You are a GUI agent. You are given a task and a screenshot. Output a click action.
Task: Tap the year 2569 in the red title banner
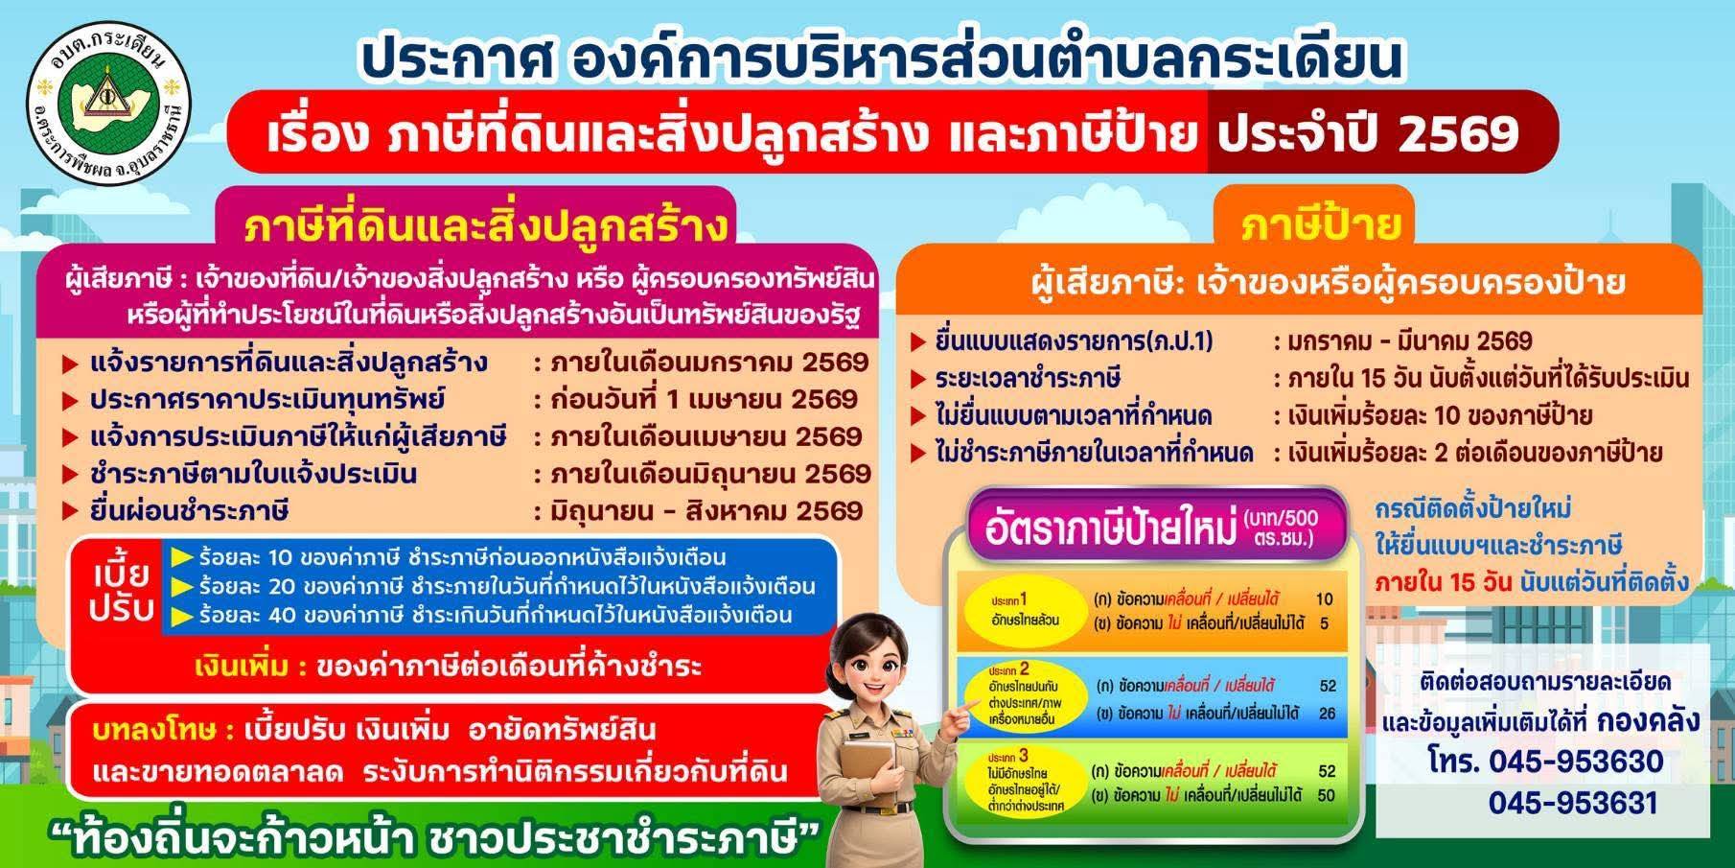tap(1459, 132)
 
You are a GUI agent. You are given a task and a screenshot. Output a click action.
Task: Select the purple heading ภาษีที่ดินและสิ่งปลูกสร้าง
tap(486, 227)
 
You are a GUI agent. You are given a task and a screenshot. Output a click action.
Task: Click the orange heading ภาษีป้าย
tap(1321, 224)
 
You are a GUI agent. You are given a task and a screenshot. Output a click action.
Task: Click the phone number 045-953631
tap(1573, 803)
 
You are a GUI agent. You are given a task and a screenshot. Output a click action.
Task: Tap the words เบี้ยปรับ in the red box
tap(122, 592)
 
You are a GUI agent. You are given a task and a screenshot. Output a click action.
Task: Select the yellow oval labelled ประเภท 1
tap(1012, 610)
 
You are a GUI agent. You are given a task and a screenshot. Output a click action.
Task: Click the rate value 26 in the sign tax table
tap(1327, 714)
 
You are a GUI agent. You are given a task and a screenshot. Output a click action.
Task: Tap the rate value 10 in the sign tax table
tap(1324, 599)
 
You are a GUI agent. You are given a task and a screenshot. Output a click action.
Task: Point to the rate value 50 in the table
tap(1326, 795)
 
